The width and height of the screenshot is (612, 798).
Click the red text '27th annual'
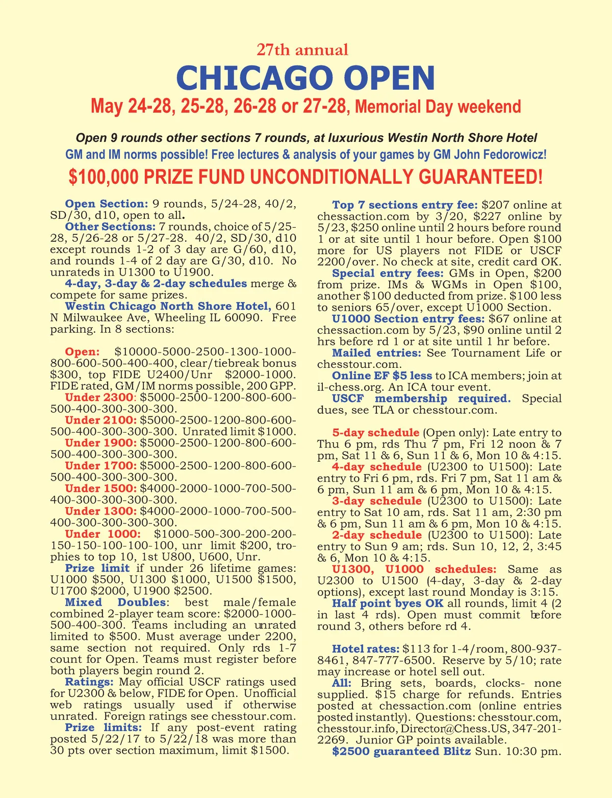(302, 50)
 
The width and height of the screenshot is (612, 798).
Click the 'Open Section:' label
(107, 204)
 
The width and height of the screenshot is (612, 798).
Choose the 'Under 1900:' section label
(101, 443)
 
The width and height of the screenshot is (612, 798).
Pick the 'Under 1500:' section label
(101, 488)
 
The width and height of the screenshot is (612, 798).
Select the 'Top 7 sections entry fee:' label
(405, 205)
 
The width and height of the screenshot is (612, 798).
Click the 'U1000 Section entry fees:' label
(407, 319)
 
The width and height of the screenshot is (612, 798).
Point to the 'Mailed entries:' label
(376, 353)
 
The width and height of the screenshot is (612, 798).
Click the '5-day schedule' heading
(376, 433)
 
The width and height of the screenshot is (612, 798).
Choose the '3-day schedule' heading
(377, 501)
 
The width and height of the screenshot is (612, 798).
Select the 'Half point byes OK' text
(388, 604)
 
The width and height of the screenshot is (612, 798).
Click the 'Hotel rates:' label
(365, 649)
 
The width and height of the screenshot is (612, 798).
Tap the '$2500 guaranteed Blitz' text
(401, 752)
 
